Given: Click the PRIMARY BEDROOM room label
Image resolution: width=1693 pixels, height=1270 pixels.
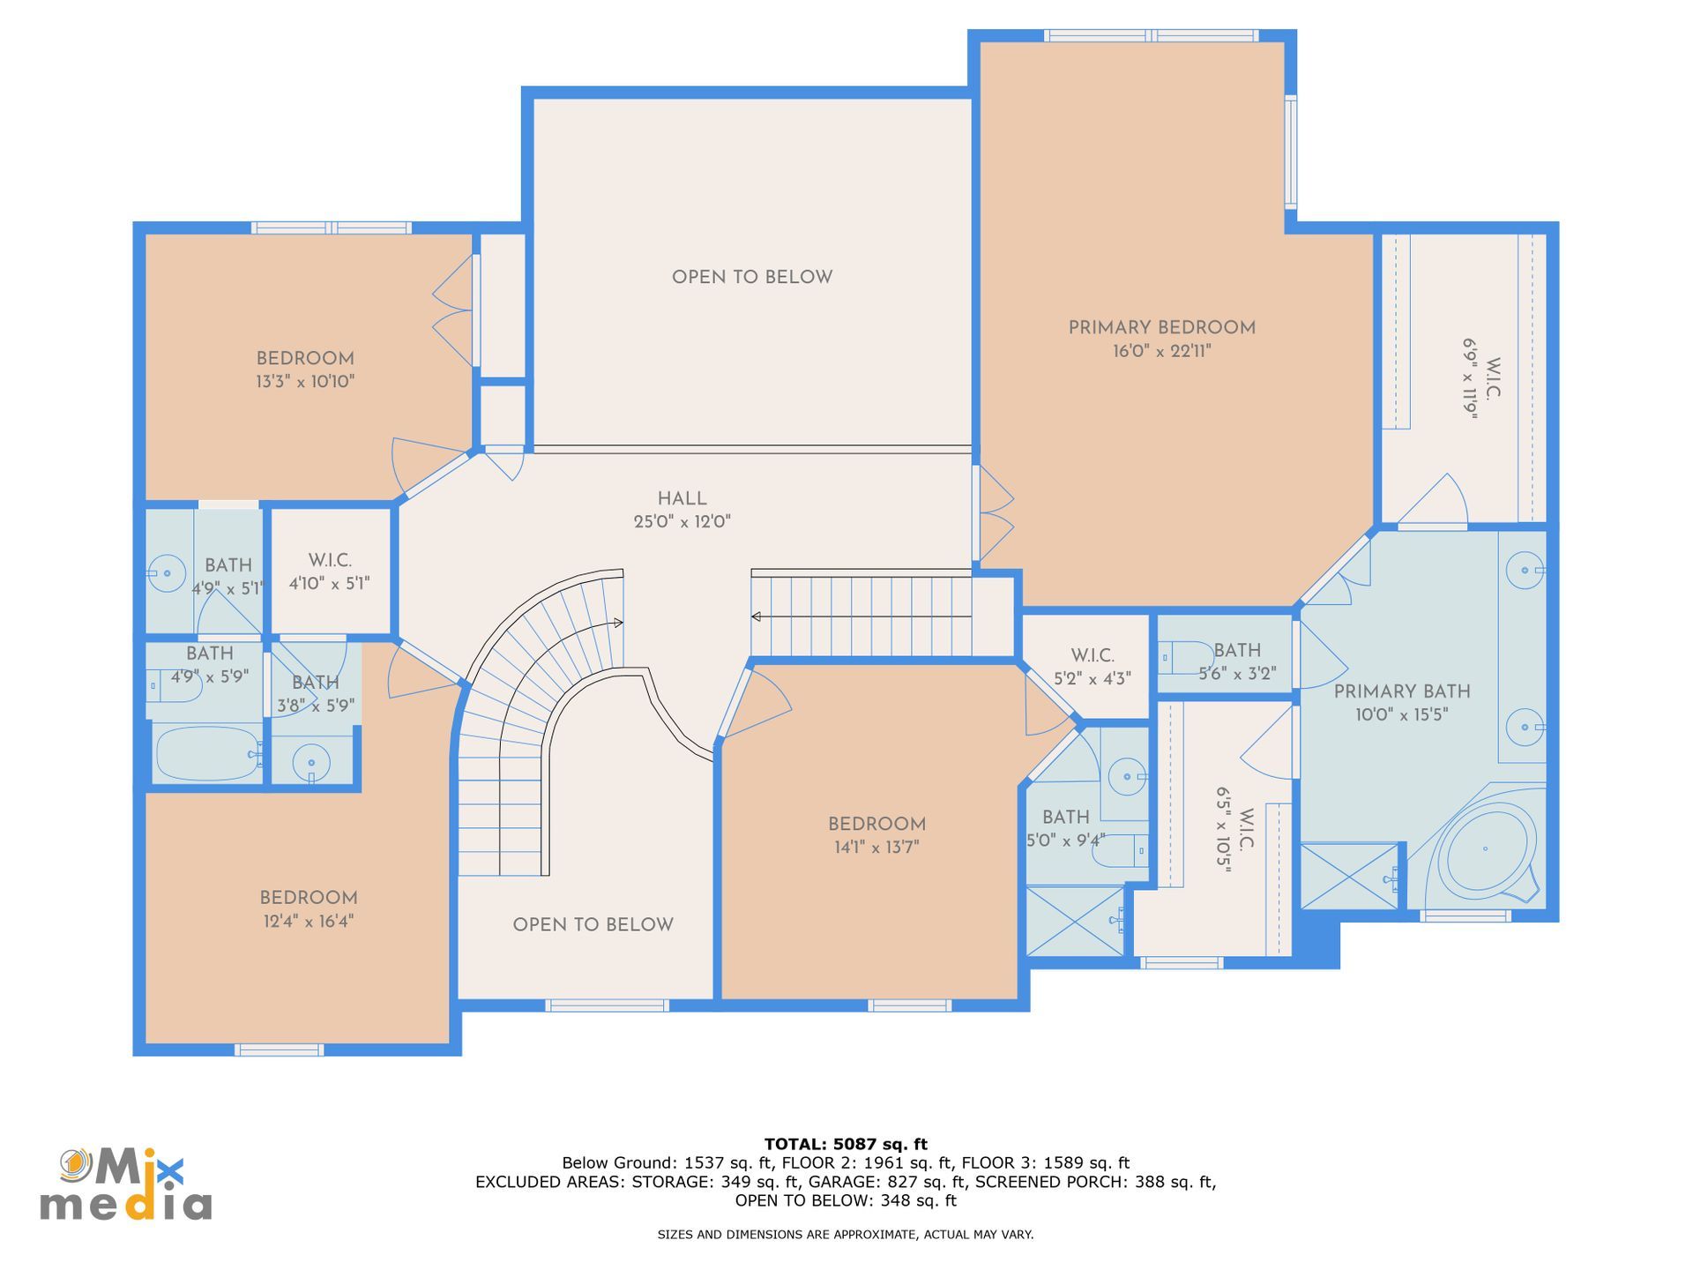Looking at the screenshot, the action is (x=1161, y=328).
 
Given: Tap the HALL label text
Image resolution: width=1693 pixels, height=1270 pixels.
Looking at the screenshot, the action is (x=682, y=499).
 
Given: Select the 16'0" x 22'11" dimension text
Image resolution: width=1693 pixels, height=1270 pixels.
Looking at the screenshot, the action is (x=1161, y=351).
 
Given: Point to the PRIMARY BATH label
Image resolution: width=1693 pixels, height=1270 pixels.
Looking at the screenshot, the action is (x=1401, y=692).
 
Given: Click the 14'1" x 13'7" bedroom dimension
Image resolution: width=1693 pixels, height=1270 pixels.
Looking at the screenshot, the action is (x=876, y=848).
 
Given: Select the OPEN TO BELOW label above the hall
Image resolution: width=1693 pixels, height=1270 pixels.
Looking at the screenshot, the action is (x=752, y=278).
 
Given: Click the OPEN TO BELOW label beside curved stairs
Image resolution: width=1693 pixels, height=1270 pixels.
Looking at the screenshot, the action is (x=593, y=925).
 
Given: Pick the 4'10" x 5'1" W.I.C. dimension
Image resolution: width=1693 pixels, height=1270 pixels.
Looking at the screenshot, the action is (x=329, y=584).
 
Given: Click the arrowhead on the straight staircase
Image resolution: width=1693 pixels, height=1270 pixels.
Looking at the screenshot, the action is (x=756, y=616).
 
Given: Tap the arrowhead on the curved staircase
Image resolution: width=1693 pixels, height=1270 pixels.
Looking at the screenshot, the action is (x=618, y=623).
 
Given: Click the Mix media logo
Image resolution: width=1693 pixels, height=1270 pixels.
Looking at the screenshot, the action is (x=126, y=1184).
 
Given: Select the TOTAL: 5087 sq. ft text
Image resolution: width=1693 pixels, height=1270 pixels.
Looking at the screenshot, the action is (x=846, y=1145).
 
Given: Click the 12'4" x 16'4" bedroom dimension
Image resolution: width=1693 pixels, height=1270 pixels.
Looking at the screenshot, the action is (x=308, y=922).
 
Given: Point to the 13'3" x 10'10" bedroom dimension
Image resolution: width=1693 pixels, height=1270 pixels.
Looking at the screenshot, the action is (x=305, y=382).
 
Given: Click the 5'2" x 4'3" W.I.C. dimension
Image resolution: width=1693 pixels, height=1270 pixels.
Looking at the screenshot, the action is (x=1093, y=679).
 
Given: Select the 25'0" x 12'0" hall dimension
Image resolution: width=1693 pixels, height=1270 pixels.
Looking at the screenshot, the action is (x=682, y=522).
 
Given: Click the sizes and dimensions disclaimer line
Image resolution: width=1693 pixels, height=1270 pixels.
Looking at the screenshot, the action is (x=846, y=1235).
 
